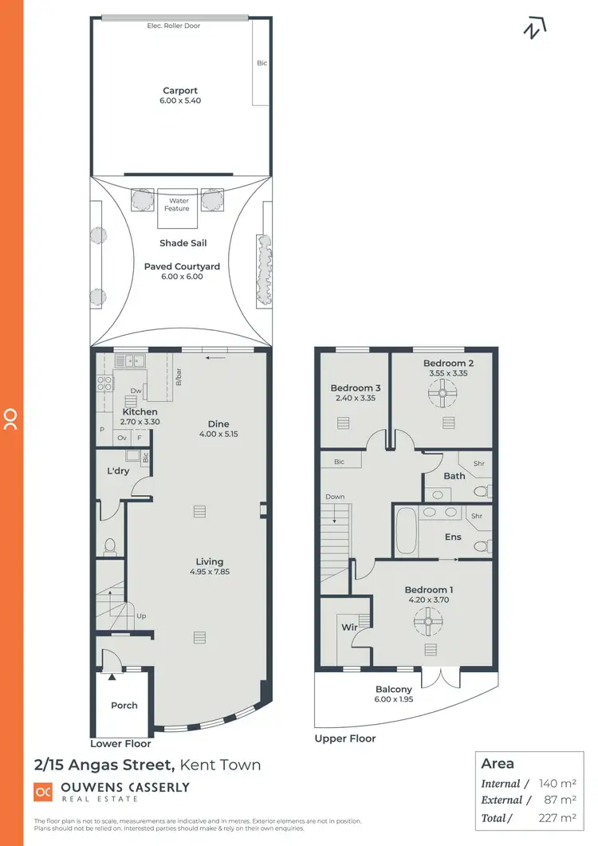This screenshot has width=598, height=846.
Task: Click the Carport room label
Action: (x=180, y=91)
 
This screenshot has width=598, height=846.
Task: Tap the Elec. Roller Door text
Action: (x=174, y=26)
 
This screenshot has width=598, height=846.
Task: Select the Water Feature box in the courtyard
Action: (x=177, y=205)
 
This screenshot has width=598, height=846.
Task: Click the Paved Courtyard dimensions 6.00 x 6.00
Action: (x=182, y=277)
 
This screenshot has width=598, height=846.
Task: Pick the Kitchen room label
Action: (x=140, y=412)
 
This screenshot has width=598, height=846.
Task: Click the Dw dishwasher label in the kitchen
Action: (x=136, y=391)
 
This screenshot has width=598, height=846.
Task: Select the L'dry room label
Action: (x=118, y=471)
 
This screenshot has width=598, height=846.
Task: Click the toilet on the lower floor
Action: (x=111, y=545)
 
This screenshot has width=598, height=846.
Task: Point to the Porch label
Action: (x=124, y=705)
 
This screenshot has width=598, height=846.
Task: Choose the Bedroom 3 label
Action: (x=355, y=389)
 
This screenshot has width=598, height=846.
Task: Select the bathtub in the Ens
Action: (x=405, y=529)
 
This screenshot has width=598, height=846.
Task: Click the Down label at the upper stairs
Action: (x=335, y=497)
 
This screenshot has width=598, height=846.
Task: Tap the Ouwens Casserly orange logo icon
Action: (x=42, y=791)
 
